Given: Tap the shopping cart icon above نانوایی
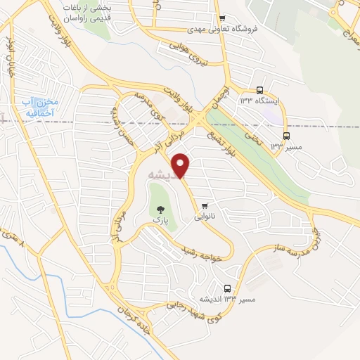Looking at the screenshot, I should (x=205, y=206).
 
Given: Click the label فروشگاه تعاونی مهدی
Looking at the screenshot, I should (x=221, y=30).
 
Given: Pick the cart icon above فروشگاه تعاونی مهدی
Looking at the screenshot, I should (x=222, y=18).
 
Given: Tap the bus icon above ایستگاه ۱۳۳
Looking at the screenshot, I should (x=259, y=90).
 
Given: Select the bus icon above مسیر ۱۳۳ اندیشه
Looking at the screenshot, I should (x=227, y=288).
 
